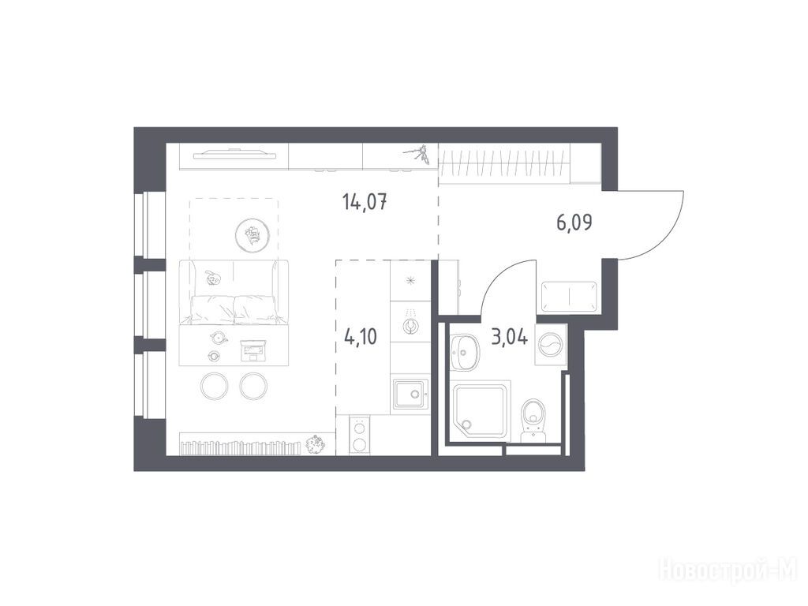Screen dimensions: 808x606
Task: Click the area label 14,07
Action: tap(365, 201)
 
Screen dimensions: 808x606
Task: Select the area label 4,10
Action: tap(360, 338)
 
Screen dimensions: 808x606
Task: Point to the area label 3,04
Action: tap(510, 338)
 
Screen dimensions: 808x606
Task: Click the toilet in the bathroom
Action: tap(533, 419)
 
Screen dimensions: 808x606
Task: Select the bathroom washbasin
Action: tap(465, 353)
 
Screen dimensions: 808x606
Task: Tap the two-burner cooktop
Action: tap(359, 436)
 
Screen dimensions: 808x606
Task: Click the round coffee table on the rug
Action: tap(252, 235)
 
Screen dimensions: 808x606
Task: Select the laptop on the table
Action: tap(254, 350)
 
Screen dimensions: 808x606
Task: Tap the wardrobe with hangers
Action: tap(504, 163)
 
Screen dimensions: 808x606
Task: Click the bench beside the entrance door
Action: tap(569, 297)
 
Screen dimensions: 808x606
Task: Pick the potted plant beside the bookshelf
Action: tap(314, 445)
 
